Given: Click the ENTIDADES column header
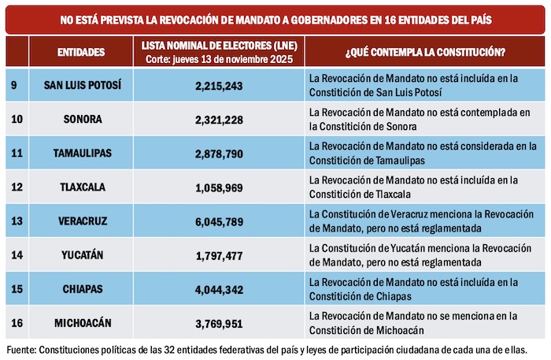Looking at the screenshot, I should (81, 52).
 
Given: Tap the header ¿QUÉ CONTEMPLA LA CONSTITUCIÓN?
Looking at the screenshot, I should (424, 52).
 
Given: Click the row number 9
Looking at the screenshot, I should (15, 85).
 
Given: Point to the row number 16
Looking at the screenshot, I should (17, 321).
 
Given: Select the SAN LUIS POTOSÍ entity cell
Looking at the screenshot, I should (82, 85).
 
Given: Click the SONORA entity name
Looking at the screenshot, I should (82, 119).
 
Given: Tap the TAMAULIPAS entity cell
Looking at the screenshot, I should (82, 153).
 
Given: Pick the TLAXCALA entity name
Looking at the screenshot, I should (82, 187).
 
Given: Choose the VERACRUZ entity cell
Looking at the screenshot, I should (82, 221).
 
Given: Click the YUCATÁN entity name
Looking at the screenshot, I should (82, 254).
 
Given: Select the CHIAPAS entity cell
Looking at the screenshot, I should (82, 288).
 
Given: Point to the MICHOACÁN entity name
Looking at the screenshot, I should (82, 321).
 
